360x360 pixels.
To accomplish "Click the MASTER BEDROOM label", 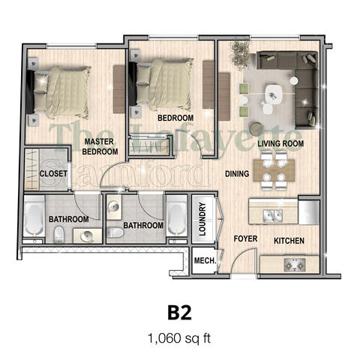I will pos(100,145).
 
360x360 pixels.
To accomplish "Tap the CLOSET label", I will pos(53,174).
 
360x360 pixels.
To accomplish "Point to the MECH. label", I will pos(205,262).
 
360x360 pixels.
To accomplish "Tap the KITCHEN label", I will pos(289,241).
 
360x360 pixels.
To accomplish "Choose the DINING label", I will pos(237,174).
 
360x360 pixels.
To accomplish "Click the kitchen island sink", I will pos(272,215).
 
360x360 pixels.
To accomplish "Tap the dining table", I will pos(271,169).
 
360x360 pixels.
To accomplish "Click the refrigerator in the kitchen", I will pos(309,210).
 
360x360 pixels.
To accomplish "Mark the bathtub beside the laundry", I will pos(176,219).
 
